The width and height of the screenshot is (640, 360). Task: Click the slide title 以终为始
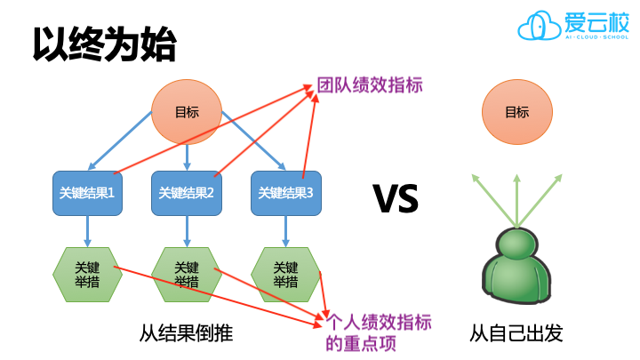point(105,43)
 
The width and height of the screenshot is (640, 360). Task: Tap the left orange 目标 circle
point(187,112)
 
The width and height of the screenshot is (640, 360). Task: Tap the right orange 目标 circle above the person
point(516,112)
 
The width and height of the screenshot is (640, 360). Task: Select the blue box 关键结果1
point(87,191)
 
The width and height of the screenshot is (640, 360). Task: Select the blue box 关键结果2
point(187,191)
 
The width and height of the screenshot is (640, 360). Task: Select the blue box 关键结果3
point(285,191)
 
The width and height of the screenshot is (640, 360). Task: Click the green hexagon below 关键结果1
point(87,275)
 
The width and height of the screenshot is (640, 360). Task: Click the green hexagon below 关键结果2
point(187,275)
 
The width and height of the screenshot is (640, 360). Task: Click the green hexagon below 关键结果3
point(284,275)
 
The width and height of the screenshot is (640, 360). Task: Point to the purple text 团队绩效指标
point(370,85)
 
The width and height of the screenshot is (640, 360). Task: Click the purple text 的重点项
point(360,343)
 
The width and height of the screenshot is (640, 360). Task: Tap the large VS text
point(396,199)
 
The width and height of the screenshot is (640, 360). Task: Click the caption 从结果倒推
point(186,334)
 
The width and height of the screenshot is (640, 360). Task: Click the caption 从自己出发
point(516,334)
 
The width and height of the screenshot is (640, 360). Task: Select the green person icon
point(516,271)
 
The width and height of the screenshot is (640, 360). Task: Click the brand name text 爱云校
point(595,21)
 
